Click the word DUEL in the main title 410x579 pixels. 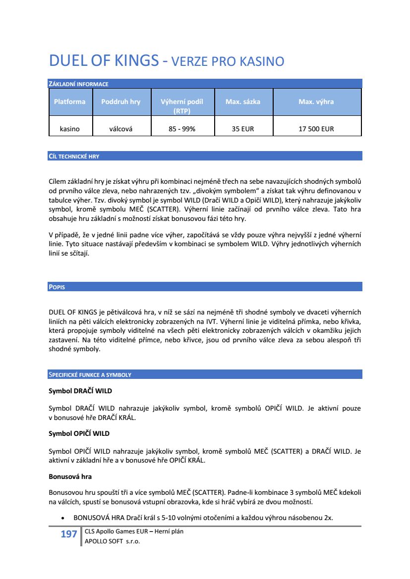click(x=66, y=61)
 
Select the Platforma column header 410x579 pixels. click(x=69, y=102)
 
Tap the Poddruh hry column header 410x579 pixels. click(x=120, y=102)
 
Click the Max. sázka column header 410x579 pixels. click(x=242, y=102)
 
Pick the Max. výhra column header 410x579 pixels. click(x=316, y=102)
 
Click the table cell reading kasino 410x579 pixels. click(x=69, y=129)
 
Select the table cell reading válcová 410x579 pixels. click(x=120, y=129)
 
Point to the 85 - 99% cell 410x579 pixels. click(x=182, y=129)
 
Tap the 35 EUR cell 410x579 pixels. click(x=242, y=129)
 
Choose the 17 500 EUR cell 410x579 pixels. click(x=316, y=129)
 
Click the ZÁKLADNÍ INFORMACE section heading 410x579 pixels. click(x=78, y=84)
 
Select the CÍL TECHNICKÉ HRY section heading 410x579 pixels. click(x=74, y=157)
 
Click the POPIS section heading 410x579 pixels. click(x=57, y=287)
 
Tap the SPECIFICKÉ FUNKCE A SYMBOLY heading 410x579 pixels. click(x=89, y=375)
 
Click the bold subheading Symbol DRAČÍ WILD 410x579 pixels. click(x=80, y=391)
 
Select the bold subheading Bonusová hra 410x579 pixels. click(x=70, y=476)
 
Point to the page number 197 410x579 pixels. click(x=68, y=534)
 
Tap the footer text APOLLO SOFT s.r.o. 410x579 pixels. click(x=113, y=541)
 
